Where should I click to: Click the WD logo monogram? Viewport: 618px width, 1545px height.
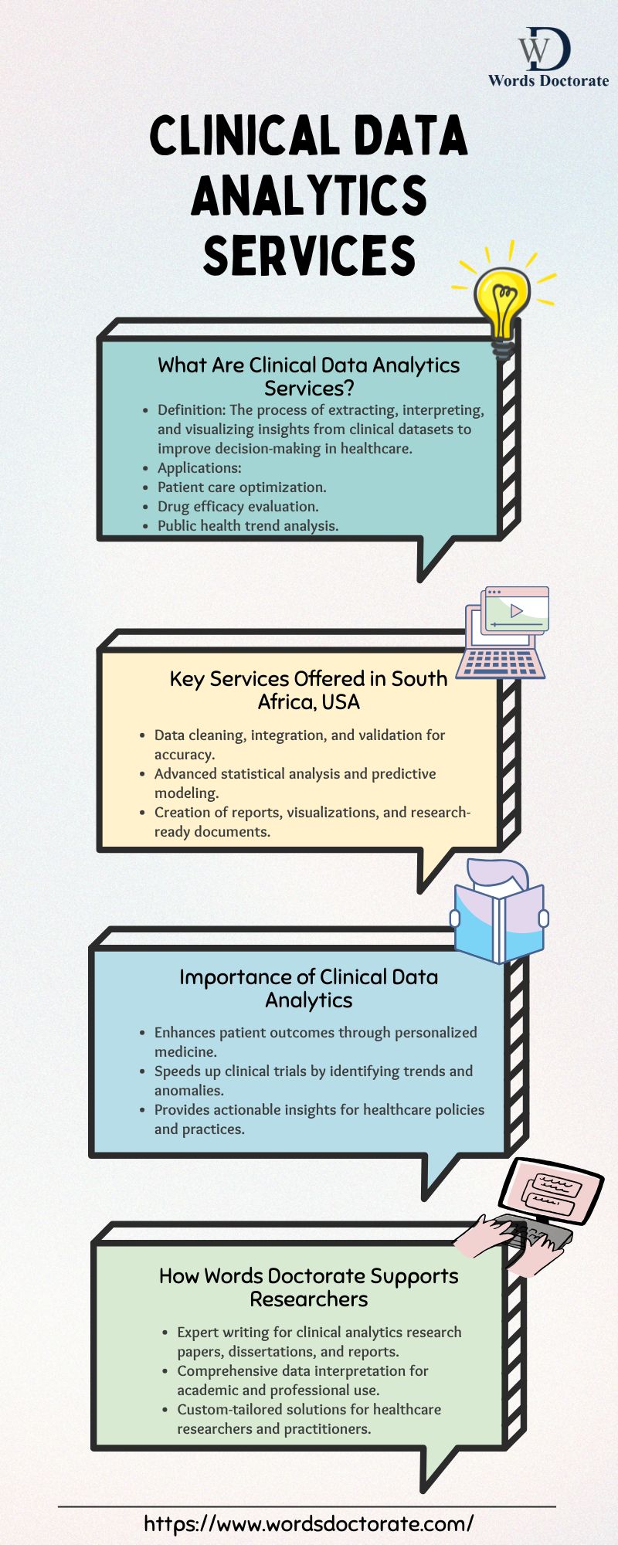545,49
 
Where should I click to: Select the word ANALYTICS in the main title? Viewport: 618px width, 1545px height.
309,195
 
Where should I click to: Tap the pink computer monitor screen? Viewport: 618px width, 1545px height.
550,1193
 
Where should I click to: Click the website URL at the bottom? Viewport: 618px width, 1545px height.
309,1523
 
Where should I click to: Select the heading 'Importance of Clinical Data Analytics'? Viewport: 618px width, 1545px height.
309,988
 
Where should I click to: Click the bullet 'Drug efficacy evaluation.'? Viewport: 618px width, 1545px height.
238,507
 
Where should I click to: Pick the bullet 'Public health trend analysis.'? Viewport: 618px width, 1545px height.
248,526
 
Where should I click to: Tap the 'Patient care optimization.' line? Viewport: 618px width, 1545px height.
242,487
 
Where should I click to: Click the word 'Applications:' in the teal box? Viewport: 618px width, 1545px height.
199,468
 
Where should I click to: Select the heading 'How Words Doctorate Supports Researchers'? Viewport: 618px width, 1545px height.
309,1287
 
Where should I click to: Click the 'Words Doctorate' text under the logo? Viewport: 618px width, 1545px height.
548,80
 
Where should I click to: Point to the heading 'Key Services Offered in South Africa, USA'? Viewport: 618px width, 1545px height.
309,690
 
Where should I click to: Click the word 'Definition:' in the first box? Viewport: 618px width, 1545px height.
192,410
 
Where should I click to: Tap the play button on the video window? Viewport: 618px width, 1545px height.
517,611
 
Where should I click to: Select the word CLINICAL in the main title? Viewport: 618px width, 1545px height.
243,135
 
